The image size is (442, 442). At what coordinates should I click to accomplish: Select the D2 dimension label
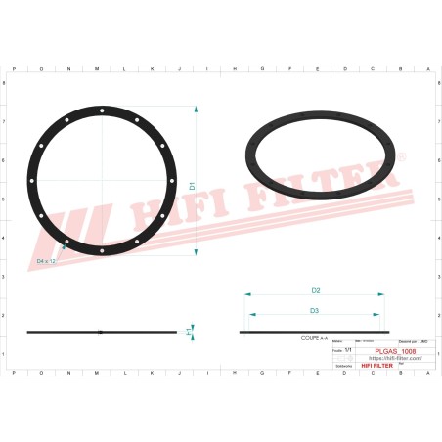tap(316, 290)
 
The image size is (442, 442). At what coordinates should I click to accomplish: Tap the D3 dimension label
tap(314, 310)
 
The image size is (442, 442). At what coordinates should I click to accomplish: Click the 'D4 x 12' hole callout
tap(48, 262)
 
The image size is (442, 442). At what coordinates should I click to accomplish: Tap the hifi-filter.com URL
tap(395, 358)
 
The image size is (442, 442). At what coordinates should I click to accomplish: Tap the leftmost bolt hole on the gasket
tap(31, 181)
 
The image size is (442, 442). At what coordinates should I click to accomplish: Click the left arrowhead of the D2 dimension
tap(245, 295)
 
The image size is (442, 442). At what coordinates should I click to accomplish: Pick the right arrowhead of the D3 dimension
tap(378, 315)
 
